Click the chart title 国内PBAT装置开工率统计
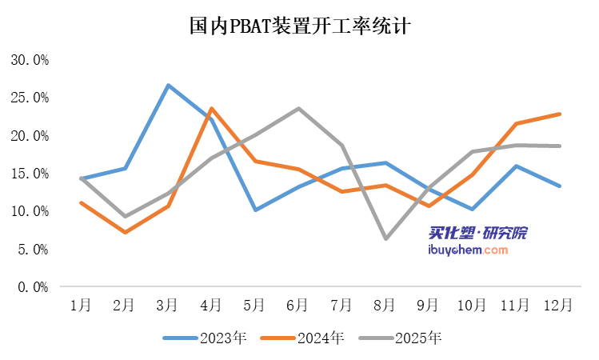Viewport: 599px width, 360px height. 299,26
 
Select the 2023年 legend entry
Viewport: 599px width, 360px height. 205,338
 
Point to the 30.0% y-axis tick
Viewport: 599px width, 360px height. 30,60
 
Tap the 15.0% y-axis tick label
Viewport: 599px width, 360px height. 30,174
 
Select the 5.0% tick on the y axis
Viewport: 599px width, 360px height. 33,250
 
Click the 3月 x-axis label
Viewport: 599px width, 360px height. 167,305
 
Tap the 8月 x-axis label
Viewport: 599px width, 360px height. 385,305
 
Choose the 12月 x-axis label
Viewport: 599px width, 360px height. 558,305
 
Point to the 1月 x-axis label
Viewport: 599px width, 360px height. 80,305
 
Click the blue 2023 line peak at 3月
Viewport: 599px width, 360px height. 168,85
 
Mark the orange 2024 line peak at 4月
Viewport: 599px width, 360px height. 211,108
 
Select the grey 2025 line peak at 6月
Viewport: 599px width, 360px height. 298,108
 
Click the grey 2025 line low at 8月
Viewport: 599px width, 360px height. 385,238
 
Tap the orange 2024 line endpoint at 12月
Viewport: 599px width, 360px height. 559,114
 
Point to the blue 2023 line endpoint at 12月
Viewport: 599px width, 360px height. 559,186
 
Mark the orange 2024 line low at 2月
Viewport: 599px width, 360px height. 124,232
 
